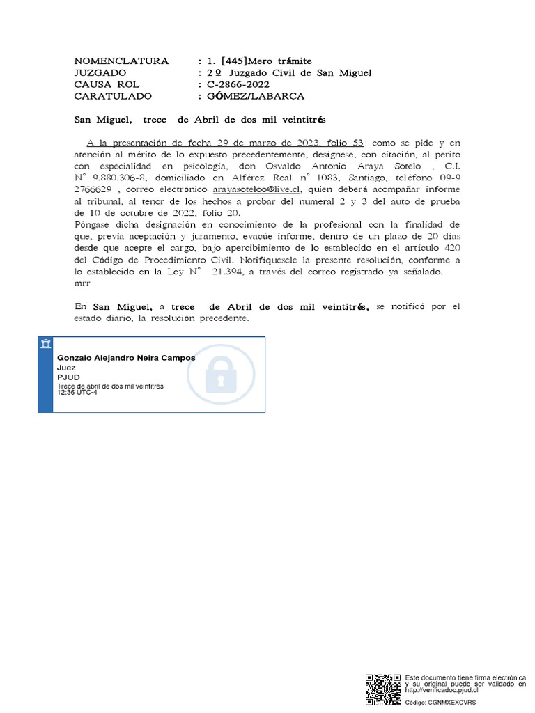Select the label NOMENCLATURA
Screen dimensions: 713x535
[x=121, y=61]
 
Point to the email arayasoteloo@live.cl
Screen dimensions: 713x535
[x=256, y=189]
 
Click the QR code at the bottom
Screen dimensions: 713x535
[x=383, y=690]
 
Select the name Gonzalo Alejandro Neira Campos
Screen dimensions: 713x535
[x=126, y=358]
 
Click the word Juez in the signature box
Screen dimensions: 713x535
[x=65, y=368]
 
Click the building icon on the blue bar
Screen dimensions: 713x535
[x=45, y=345]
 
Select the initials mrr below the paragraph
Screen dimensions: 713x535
[x=82, y=283]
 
